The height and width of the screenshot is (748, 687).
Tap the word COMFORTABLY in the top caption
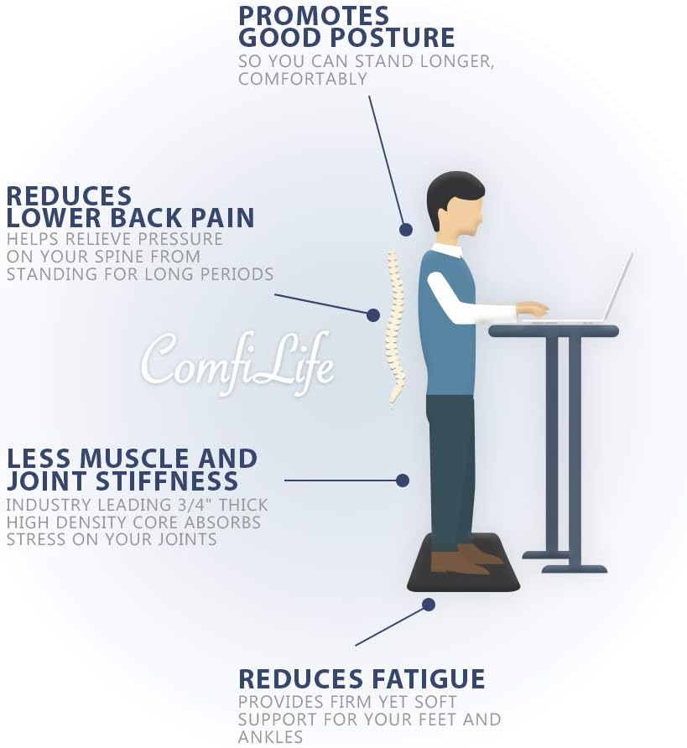(303, 79)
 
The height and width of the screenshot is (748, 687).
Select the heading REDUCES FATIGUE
(362, 678)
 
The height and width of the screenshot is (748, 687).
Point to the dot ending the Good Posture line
(406, 229)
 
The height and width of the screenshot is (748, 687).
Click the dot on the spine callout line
(373, 314)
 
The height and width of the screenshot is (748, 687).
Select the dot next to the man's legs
(403, 480)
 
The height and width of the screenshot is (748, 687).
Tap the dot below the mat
(429, 604)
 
